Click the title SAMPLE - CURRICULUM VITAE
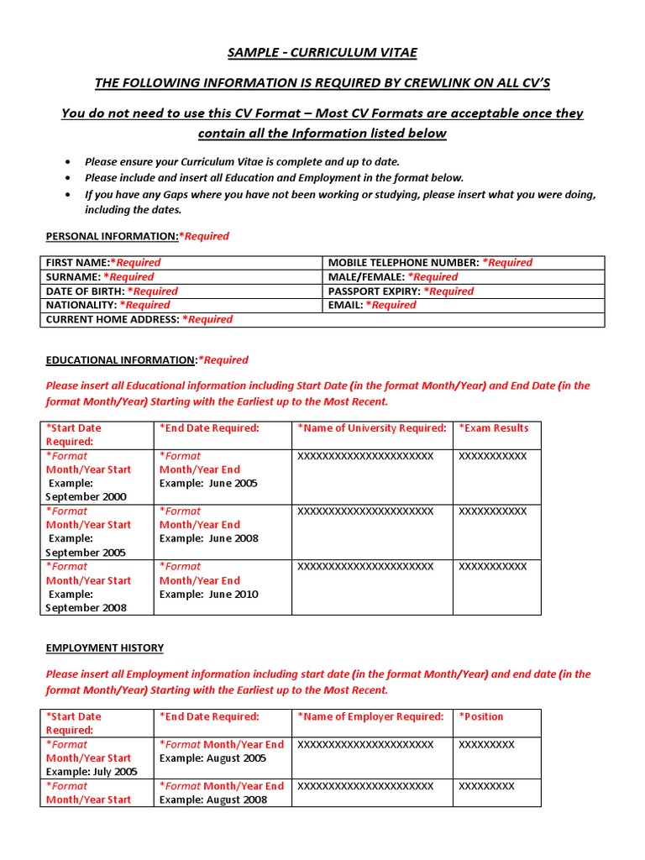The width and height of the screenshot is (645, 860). pyautogui.click(x=322, y=53)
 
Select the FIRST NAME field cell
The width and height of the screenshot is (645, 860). pyautogui.click(x=181, y=263)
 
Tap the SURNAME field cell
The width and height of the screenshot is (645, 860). pyautogui.click(x=181, y=277)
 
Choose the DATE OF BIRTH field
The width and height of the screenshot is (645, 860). pyautogui.click(x=181, y=291)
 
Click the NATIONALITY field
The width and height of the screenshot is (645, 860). pyautogui.click(x=181, y=306)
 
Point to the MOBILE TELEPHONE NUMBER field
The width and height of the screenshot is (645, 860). pyautogui.click(x=464, y=263)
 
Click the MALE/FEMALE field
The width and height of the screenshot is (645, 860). pyautogui.click(x=464, y=277)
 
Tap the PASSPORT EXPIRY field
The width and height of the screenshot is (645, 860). pyautogui.click(x=464, y=291)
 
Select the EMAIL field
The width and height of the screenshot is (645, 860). pyautogui.click(x=464, y=306)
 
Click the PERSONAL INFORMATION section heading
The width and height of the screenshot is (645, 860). pyautogui.click(x=112, y=237)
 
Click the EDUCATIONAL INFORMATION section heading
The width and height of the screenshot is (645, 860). pyautogui.click(x=121, y=360)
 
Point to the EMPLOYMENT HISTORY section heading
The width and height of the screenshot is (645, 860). pyautogui.click(x=105, y=648)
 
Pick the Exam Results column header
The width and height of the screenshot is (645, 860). pyautogui.click(x=494, y=428)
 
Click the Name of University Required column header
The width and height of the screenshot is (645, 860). pyautogui.click(x=372, y=428)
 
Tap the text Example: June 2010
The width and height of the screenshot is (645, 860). pyautogui.click(x=209, y=595)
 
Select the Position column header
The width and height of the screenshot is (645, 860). pyautogui.click(x=482, y=717)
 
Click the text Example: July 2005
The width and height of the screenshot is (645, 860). pyautogui.click(x=92, y=772)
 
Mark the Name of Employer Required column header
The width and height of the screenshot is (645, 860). pyautogui.click(x=370, y=717)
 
